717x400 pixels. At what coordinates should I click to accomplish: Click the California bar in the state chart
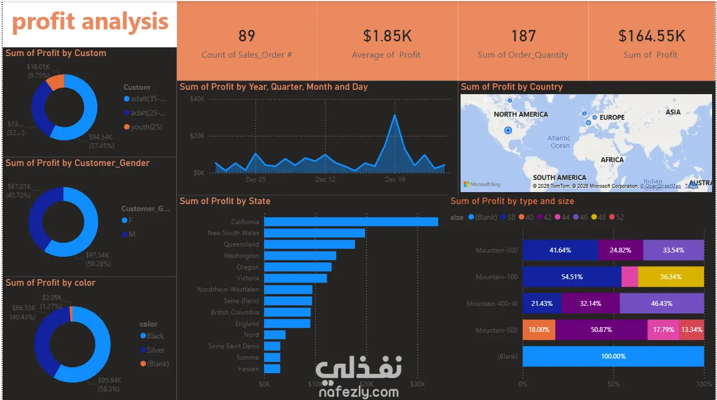351,221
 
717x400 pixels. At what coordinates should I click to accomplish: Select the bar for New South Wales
314,233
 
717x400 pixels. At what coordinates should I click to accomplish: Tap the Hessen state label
248,369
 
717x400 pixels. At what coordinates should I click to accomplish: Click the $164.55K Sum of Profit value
651,36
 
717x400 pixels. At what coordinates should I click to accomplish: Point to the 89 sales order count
247,36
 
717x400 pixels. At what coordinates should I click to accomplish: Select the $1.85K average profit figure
387,36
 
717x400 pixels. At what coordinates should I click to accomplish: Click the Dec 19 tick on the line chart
395,180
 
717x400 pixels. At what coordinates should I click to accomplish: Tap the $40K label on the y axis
197,99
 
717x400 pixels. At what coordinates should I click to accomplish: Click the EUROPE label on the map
612,118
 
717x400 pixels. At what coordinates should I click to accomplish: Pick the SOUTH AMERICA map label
559,177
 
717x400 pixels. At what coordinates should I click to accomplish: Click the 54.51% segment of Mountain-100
572,277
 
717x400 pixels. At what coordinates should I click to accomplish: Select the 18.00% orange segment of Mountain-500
538,330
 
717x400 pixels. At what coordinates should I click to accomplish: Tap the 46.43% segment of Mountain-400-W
661,304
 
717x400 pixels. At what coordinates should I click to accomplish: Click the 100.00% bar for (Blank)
613,356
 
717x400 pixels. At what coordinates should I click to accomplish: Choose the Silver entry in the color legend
155,350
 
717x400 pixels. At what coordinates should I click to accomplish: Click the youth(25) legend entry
146,127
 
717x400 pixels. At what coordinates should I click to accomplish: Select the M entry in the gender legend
131,234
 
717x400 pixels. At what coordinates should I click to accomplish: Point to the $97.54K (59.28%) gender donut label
98,259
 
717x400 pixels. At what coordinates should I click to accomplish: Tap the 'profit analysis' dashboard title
90,22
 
